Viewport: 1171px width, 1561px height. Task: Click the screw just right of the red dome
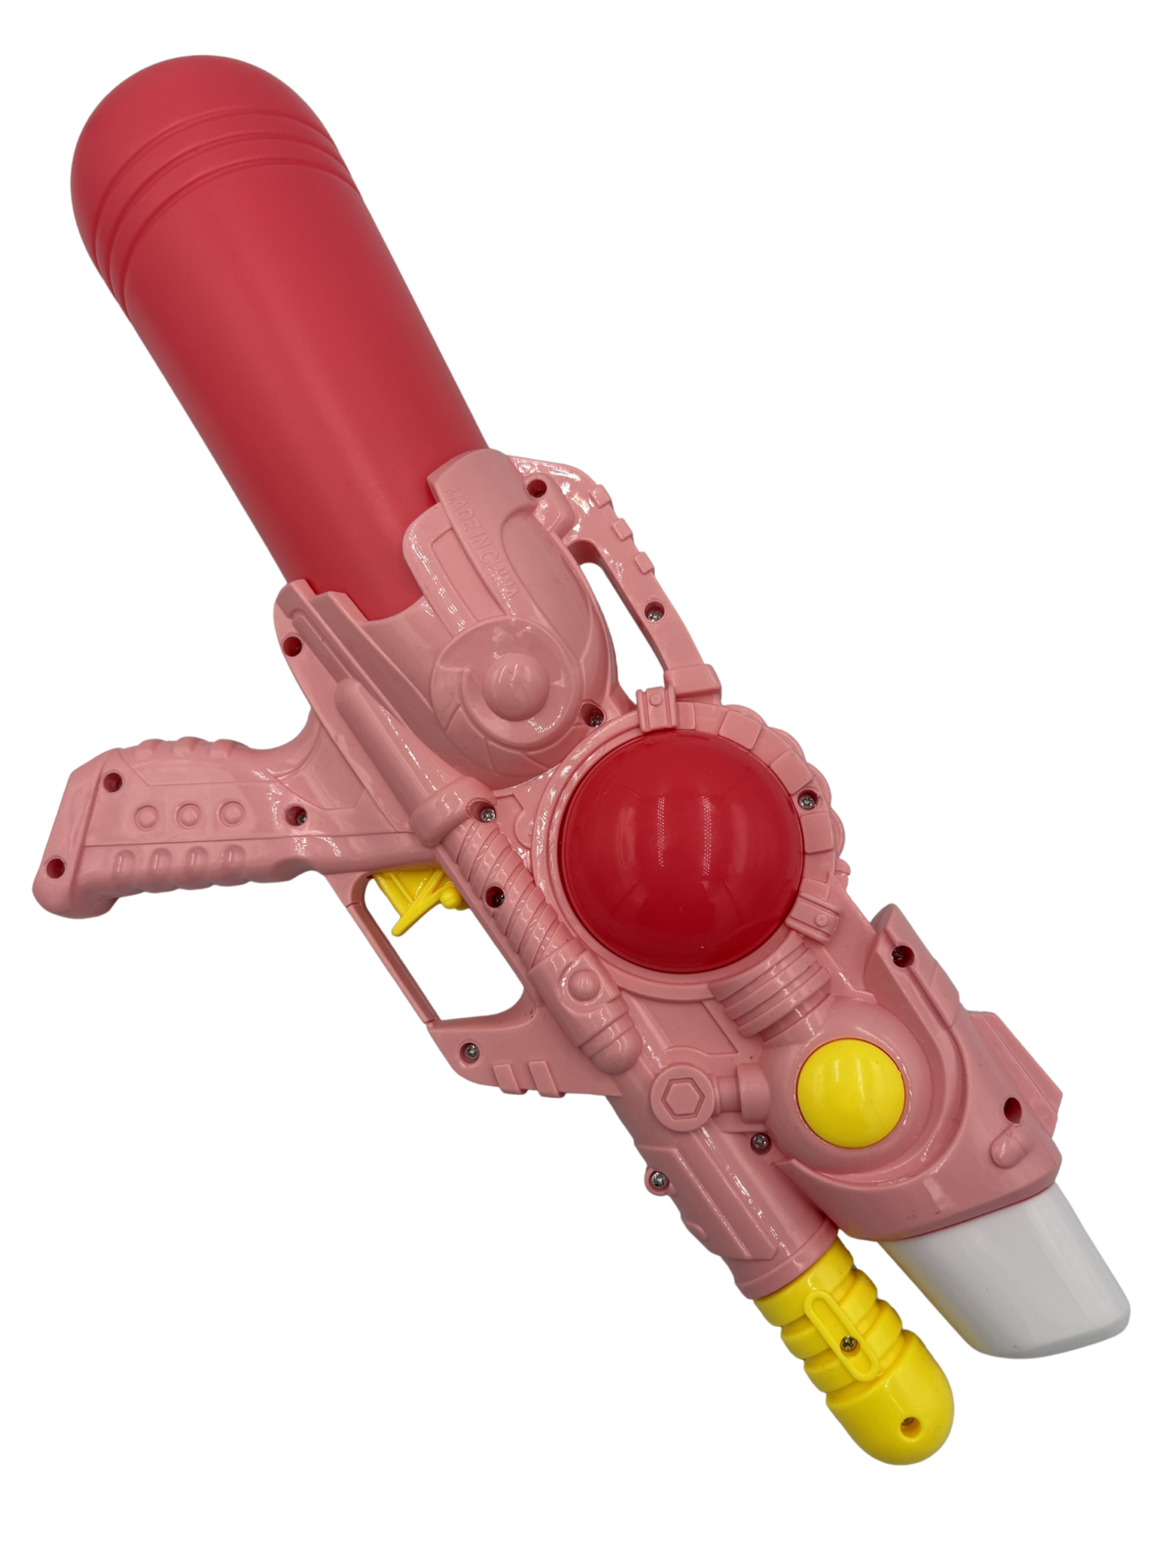click(x=804, y=800)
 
